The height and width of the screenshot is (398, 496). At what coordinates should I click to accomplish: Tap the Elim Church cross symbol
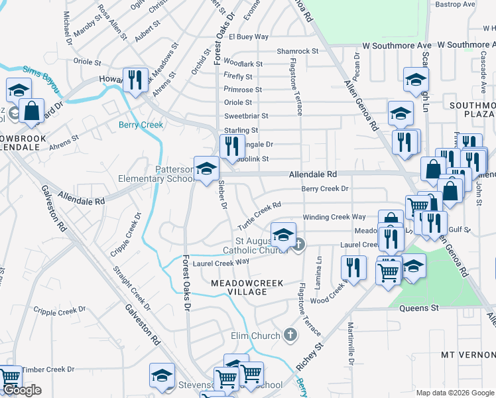(x=289, y=335)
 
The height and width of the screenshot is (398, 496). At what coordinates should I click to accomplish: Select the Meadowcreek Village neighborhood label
(x=247, y=287)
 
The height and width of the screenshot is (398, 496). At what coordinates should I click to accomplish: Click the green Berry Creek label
(x=141, y=125)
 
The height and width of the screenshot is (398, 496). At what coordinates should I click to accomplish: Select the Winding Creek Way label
(x=334, y=217)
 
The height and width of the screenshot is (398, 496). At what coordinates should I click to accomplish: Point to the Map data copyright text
(x=454, y=393)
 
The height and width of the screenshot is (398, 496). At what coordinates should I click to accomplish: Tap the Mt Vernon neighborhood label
(x=468, y=355)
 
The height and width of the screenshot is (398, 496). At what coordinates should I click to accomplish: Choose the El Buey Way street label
(x=249, y=36)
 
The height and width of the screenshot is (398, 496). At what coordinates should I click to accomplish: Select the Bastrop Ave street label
(x=456, y=4)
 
